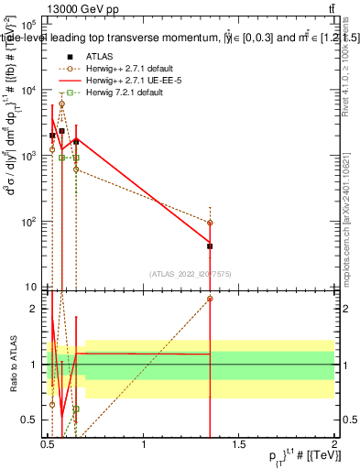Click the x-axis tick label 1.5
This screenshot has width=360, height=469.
coord(239,443)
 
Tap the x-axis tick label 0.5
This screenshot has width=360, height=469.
coord(48,443)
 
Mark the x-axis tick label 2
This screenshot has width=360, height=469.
coord(334,443)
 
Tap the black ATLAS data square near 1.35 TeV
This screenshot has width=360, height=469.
coord(210,245)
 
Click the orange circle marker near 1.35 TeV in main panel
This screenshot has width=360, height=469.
coord(210,223)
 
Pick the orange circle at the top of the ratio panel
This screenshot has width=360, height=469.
coord(210,299)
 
